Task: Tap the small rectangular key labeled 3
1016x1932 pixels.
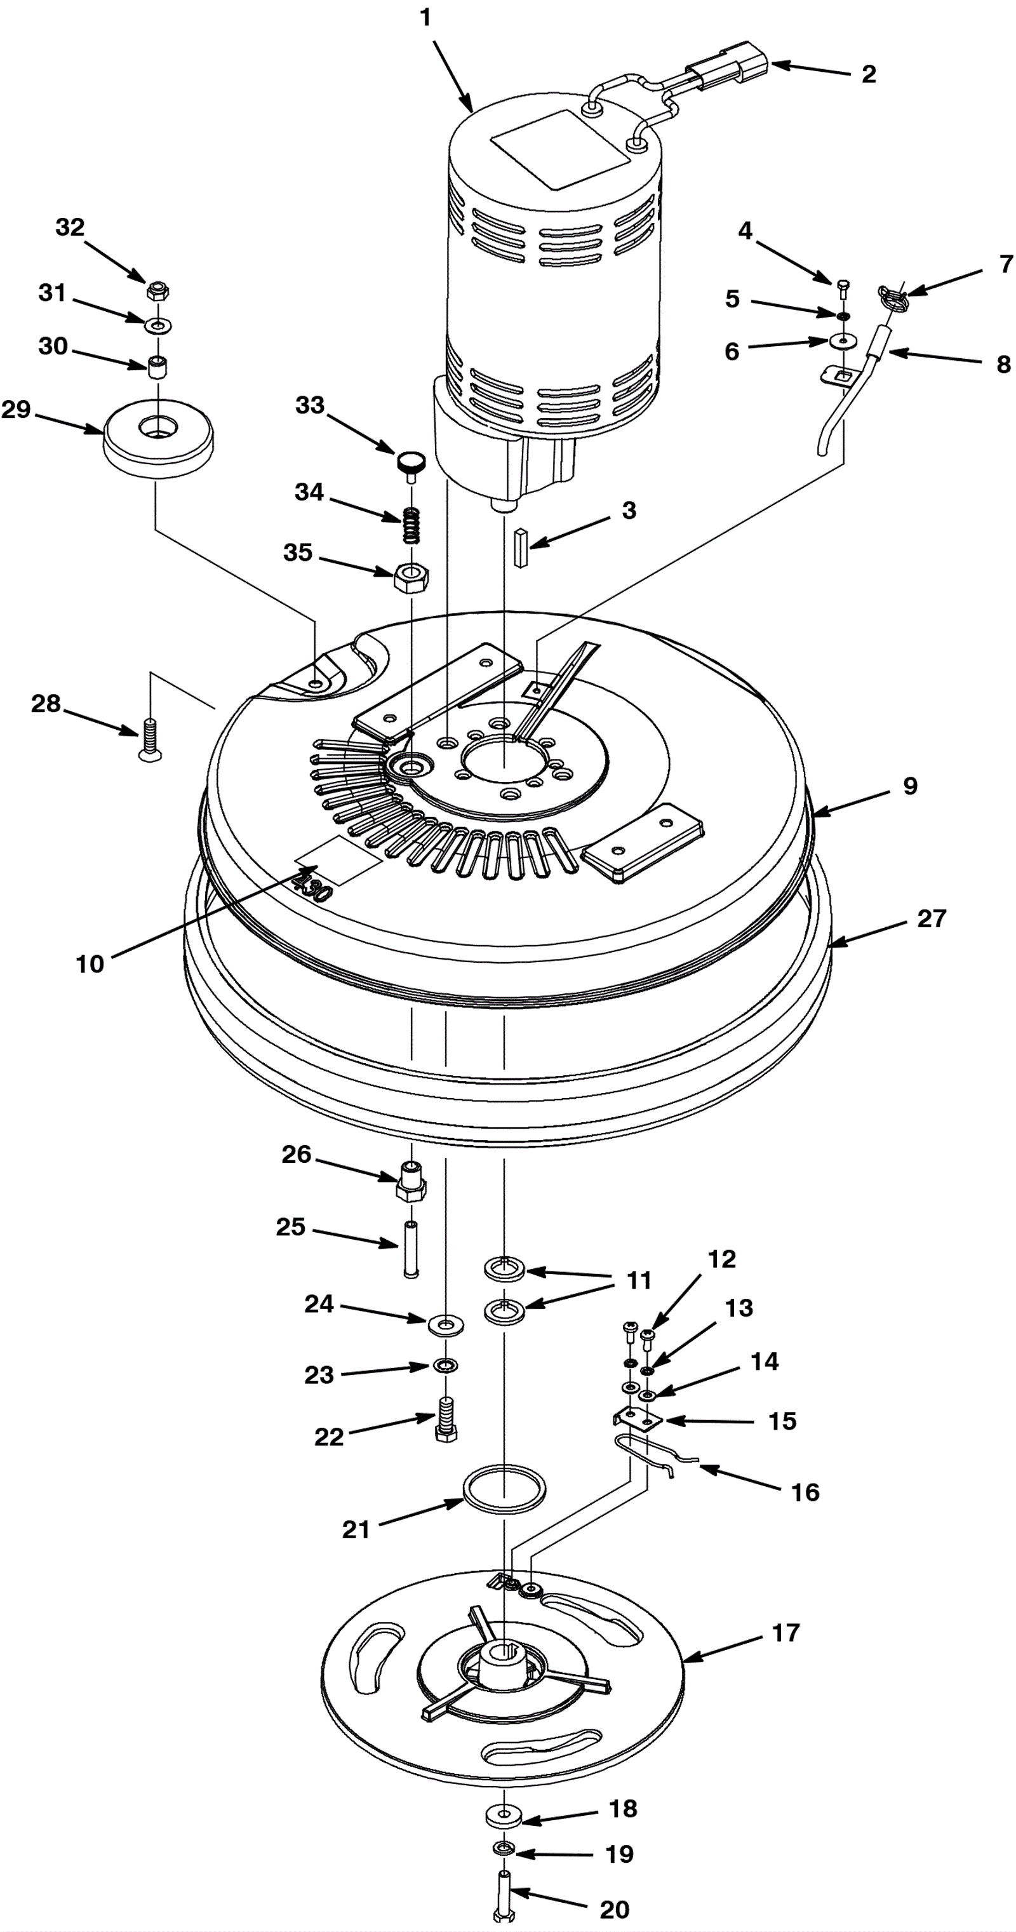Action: tap(521, 548)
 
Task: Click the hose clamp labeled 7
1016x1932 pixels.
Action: tap(892, 295)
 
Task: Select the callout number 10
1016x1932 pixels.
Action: tap(90, 963)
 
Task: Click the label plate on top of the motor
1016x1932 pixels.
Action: tap(559, 149)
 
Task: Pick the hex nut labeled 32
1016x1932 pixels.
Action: tap(157, 290)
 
